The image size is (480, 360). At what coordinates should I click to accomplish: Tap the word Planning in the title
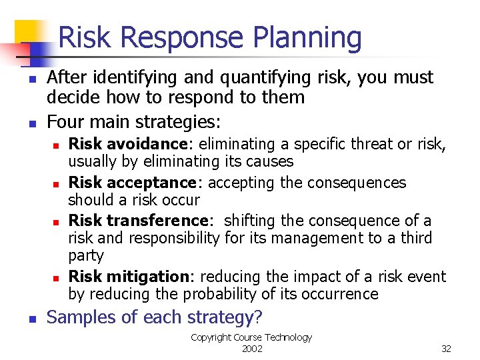307,39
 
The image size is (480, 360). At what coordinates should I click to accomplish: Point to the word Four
65,123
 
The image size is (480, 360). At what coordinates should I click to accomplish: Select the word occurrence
341,294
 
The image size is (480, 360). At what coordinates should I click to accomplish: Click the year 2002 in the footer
251,349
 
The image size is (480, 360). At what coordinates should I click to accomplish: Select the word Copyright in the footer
211,337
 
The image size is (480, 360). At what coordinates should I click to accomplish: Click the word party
86,256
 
